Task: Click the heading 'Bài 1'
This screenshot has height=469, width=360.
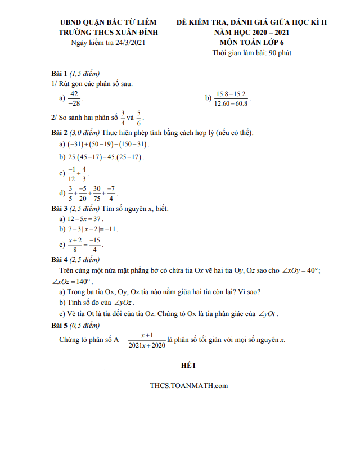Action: (x=59, y=74)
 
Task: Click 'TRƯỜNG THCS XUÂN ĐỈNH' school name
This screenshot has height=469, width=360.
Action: (x=109, y=33)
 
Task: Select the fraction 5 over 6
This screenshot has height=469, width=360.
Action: (x=139, y=118)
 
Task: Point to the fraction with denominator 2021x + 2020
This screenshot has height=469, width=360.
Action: (x=147, y=340)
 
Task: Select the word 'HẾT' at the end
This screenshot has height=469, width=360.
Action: (x=188, y=366)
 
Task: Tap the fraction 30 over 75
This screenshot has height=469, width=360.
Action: (x=97, y=193)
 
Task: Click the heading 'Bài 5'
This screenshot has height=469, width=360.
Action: (x=59, y=326)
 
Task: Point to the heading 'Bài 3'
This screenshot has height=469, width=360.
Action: (x=59, y=209)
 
